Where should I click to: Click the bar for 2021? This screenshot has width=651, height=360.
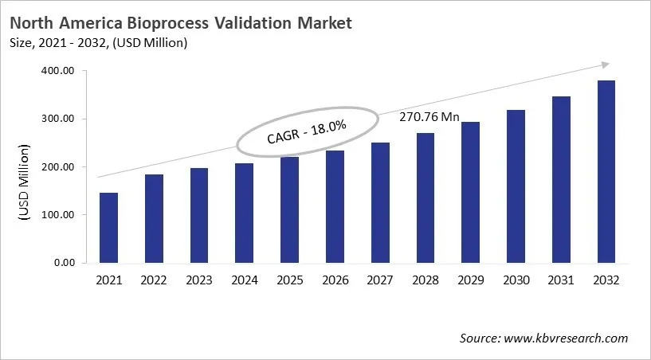108,228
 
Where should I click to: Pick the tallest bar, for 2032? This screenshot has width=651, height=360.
606,171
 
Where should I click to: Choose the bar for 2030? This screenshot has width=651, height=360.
516,186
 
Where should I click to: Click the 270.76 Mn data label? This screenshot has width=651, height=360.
429,117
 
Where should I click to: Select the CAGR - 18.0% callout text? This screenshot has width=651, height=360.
306,130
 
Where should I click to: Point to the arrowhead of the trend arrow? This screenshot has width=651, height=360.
606,65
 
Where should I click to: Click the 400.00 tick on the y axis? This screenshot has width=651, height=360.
58,71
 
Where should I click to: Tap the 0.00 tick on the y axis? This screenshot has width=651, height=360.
65,263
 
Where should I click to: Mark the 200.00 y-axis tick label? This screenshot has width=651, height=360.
58,167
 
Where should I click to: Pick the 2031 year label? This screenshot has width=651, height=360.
561,280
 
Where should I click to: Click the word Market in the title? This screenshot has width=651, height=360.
324,23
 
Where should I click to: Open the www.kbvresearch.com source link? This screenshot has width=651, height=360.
566,338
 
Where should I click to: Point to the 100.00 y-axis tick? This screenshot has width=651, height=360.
58,215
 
